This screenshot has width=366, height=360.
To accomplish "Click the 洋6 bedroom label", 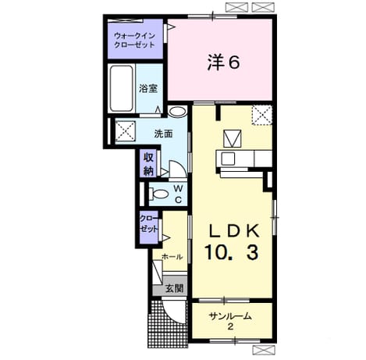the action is pos(223,62).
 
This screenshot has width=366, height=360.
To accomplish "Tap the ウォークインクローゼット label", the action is pos(134,40).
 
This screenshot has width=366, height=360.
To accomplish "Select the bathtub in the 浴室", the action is pos(121,88).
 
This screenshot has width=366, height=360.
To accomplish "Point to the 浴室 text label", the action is pos(148,88).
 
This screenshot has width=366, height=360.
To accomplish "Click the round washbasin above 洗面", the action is pos(177,112).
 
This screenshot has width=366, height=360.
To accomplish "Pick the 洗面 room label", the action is pos(163,134).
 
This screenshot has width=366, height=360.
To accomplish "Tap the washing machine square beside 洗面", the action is pos(126,131).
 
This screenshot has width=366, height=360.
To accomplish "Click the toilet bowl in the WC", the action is pos(158,194).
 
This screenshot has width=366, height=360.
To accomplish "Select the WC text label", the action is pos(178,194).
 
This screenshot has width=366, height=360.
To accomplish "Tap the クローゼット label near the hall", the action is pos(149,224).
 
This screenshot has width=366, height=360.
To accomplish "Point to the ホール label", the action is pos(172,257).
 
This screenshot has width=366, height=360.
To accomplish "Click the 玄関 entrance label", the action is pos(175,288).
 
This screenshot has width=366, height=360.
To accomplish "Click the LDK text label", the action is pos(234,230).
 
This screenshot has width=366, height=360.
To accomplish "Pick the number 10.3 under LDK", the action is pos(232,252).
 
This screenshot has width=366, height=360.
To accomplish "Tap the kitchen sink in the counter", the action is pos(228,159).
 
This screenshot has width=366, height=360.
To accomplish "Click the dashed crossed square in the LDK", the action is pos(262,115).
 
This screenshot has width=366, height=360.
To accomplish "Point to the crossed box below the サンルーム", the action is pos(264,349).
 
